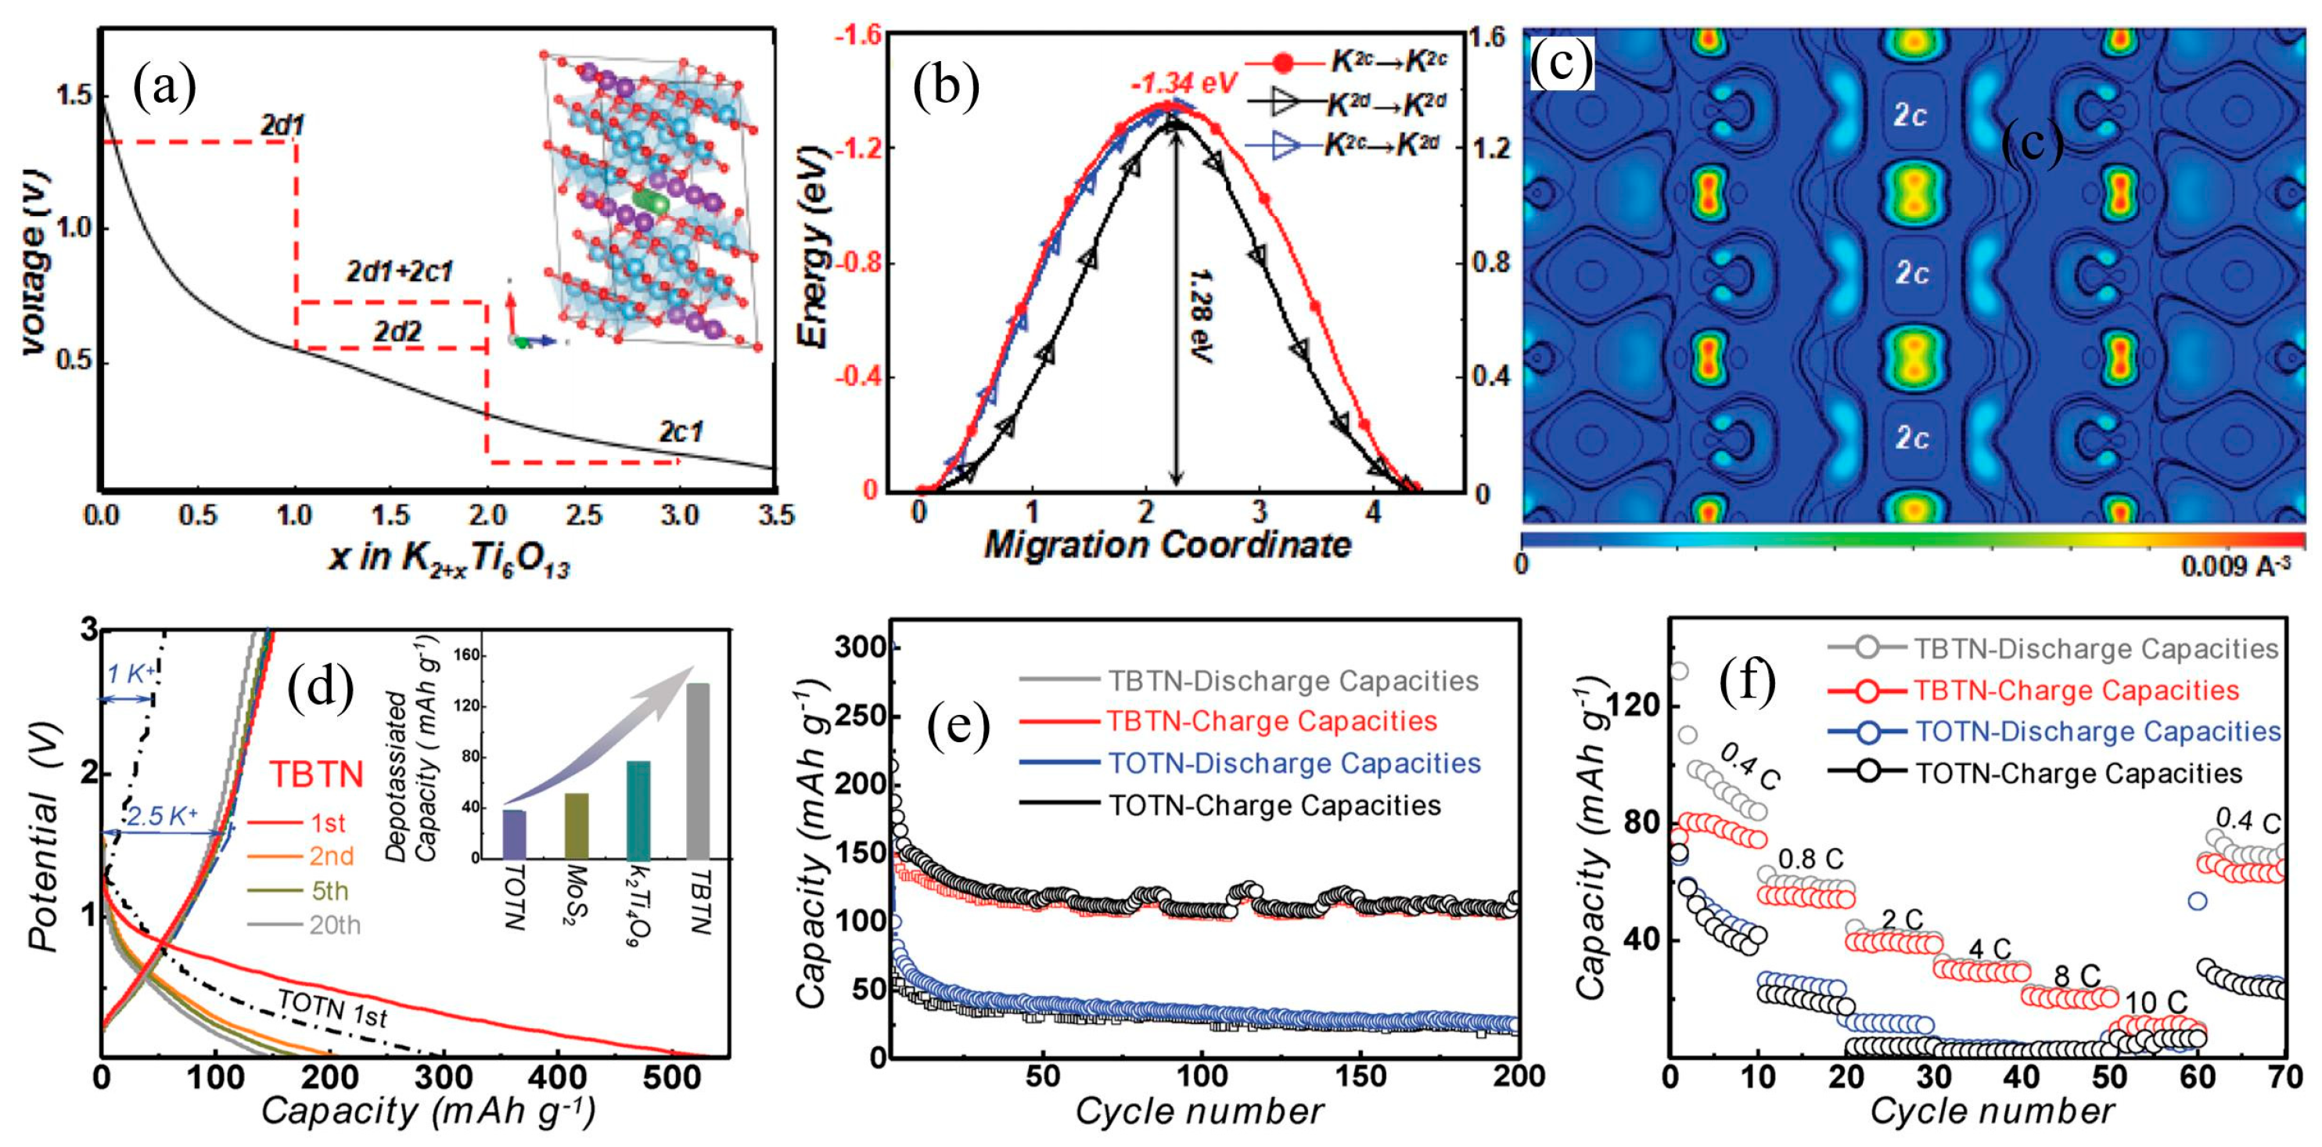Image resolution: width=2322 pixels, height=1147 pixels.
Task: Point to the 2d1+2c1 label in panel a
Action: point(399,272)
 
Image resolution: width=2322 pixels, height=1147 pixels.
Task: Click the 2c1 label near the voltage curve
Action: point(681,432)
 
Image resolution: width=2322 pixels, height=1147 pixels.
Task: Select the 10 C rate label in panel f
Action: point(2156,1002)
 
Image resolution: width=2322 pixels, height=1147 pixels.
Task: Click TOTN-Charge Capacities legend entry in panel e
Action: point(1274,804)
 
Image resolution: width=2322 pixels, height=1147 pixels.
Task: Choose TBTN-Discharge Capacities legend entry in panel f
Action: point(2096,648)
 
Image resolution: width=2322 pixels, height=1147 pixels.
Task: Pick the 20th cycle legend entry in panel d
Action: point(334,925)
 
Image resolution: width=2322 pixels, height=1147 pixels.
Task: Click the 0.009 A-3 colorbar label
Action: point(2234,566)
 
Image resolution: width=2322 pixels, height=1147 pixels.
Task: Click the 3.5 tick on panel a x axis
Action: point(775,515)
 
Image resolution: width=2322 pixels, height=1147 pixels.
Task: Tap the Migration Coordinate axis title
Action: point(1167,545)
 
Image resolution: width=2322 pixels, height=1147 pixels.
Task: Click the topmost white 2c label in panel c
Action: point(1909,114)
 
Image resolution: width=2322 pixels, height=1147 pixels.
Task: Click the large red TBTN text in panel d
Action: point(316,774)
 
